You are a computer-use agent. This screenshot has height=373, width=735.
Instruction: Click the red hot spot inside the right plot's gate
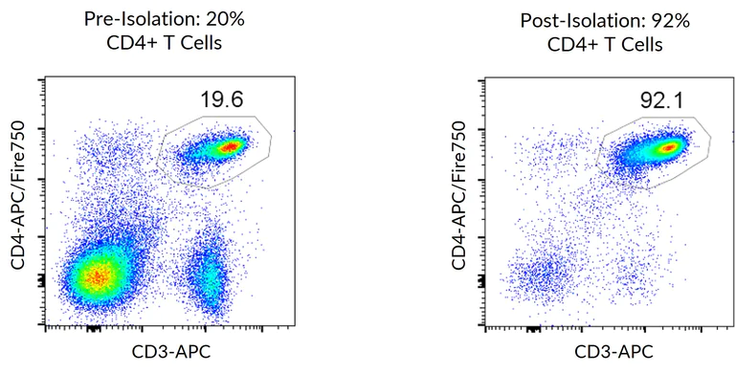(668, 146)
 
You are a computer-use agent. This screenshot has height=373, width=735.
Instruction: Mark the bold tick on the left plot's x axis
(93, 328)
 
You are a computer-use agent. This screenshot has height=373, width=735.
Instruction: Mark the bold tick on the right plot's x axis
(532, 328)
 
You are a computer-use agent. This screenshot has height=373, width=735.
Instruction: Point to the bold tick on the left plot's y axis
(41, 280)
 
